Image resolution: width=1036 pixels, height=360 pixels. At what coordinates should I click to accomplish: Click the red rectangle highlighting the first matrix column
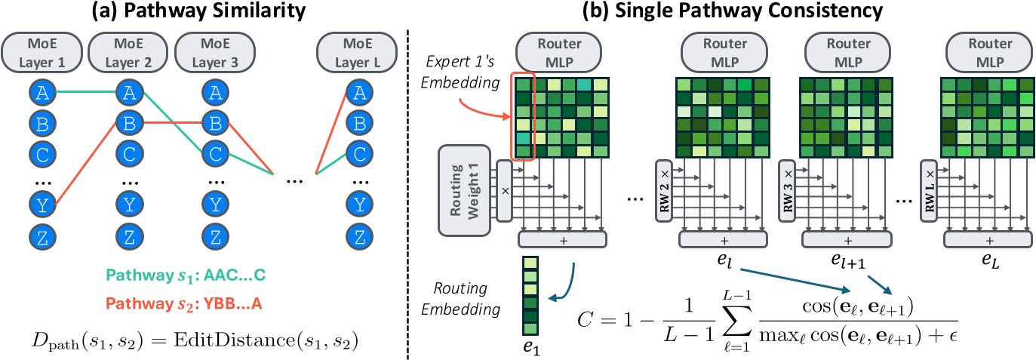tap(524, 115)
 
